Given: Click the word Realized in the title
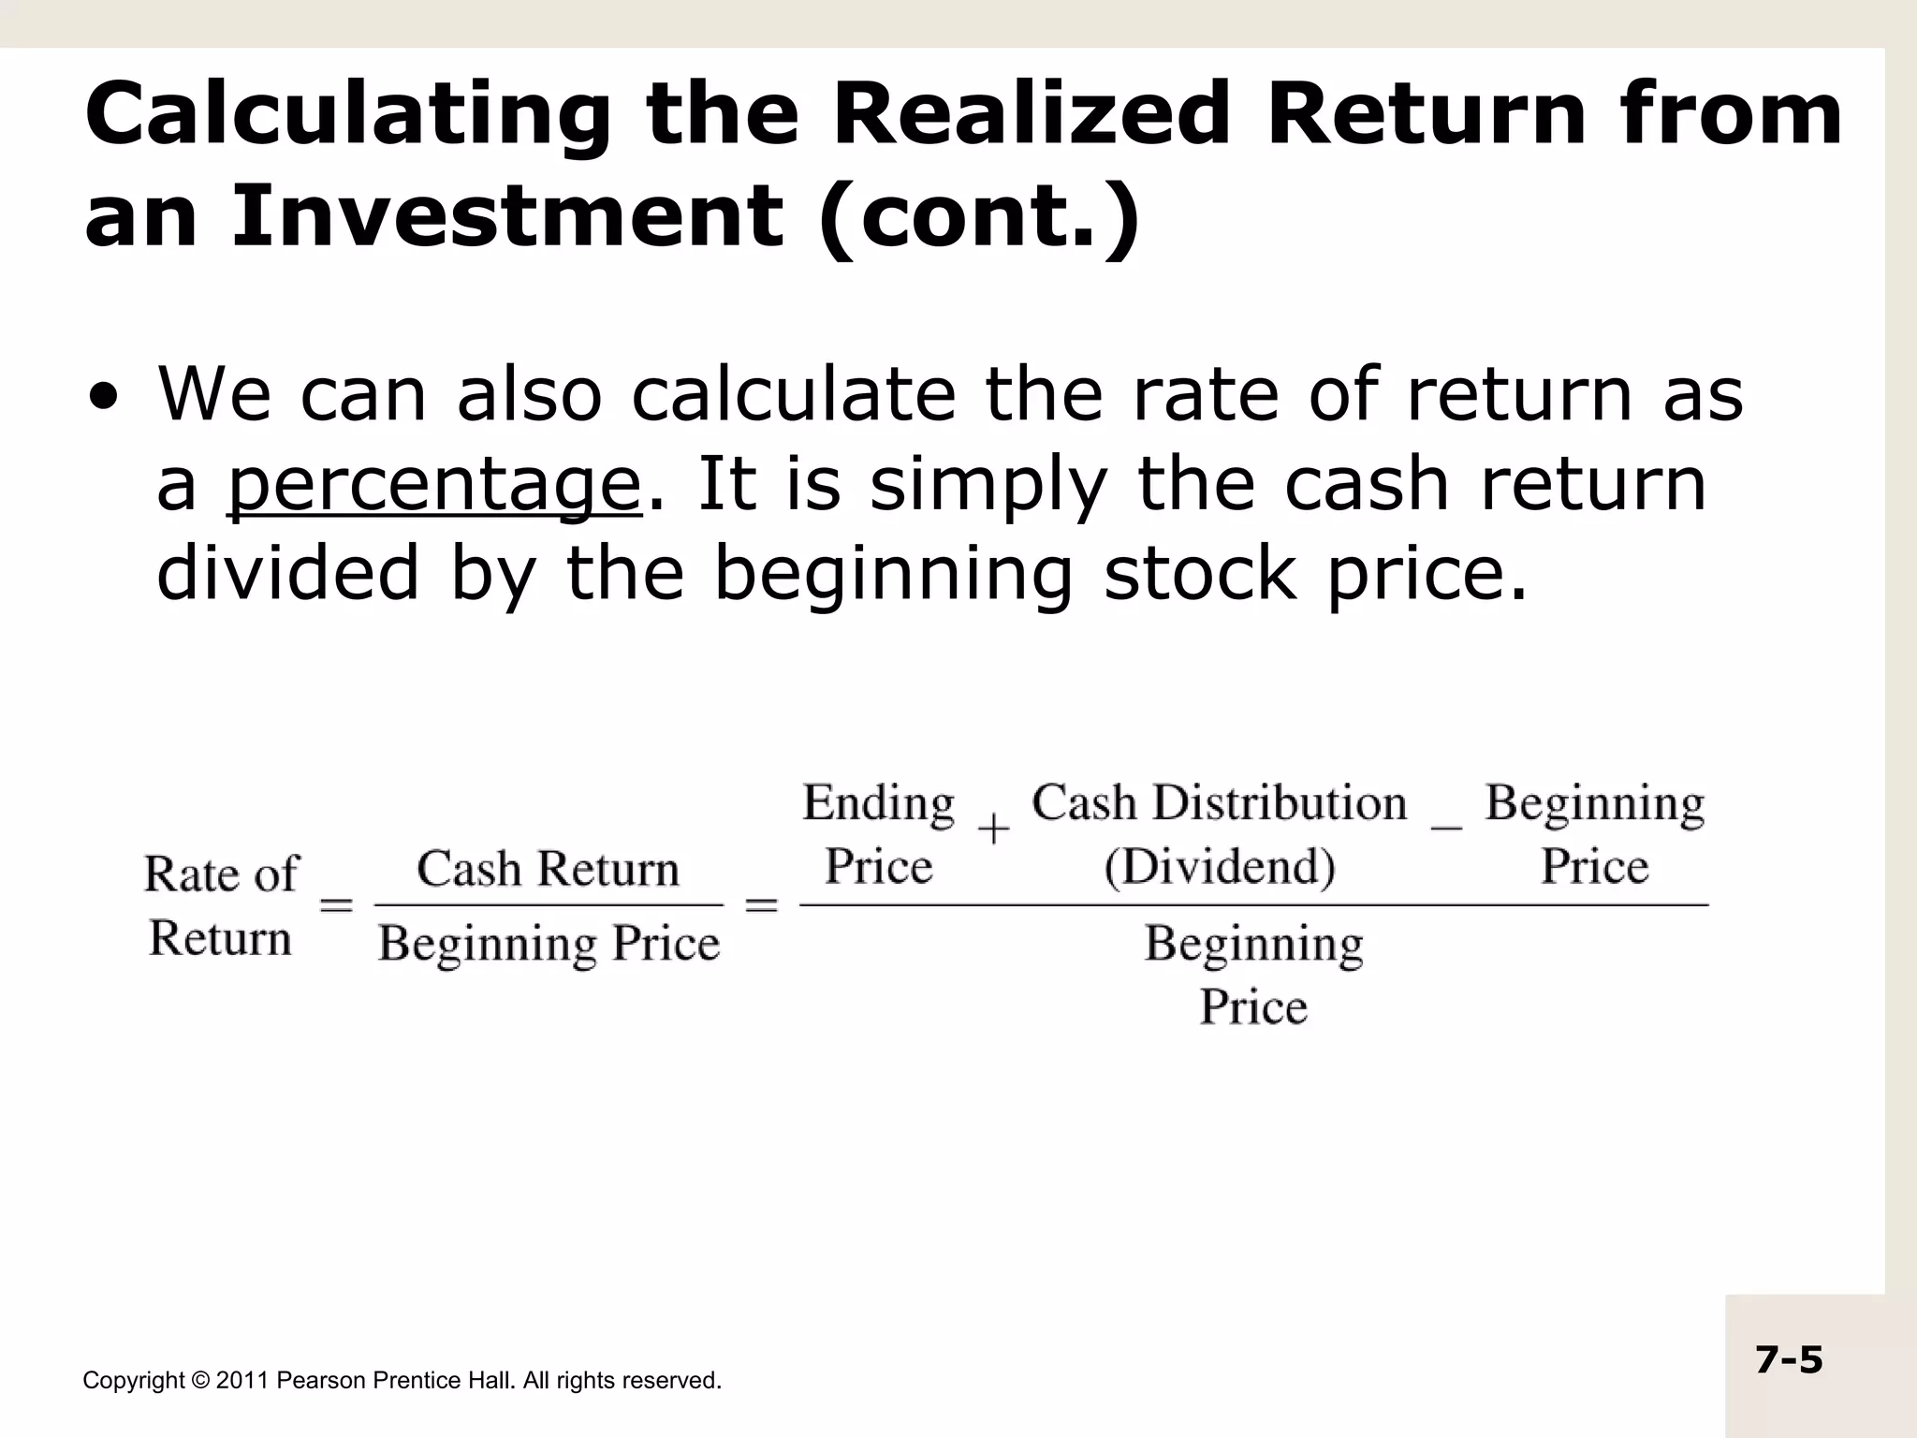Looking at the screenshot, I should click(1029, 114).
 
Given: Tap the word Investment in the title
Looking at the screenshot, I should click(506, 215).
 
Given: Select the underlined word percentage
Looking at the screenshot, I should click(433, 485).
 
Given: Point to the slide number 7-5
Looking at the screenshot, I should click(1789, 1359).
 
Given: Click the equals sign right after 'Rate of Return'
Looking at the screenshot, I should click(337, 905).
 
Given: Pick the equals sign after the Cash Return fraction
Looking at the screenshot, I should click(761, 905).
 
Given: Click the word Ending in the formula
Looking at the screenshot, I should click(878, 803).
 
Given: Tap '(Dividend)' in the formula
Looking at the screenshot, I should click(1219, 867).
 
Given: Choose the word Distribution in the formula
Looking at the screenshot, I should click(1279, 803).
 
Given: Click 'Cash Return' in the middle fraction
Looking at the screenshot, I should click(548, 869).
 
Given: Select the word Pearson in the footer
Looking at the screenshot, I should click(321, 1381).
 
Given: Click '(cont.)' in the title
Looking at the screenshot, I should click(978, 215).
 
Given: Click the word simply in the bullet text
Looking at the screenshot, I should click(988, 485).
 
